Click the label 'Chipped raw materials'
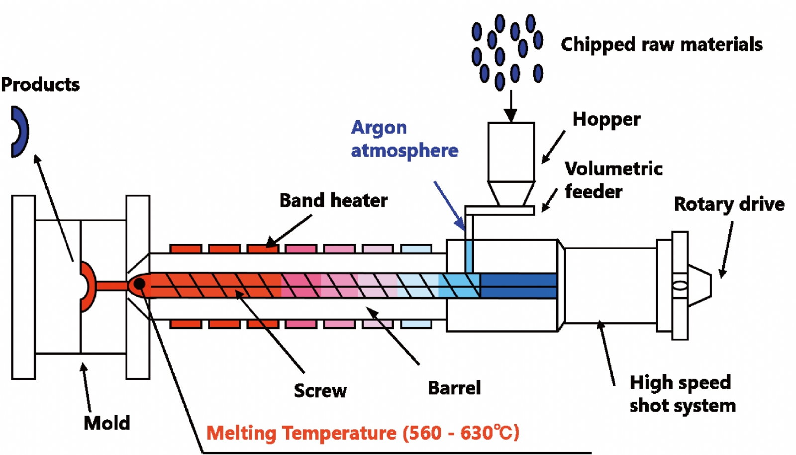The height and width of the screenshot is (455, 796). point(661,44)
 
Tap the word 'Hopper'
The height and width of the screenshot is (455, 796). point(606,120)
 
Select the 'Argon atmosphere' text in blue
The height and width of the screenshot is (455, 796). point(404,139)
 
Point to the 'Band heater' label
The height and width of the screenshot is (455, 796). point(333,200)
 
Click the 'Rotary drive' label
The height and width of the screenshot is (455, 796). point(729,204)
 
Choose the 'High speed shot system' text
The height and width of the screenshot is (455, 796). point(682,394)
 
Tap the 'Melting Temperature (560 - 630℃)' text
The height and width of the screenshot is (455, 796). point(363,433)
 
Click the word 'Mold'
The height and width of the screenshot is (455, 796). point(107,423)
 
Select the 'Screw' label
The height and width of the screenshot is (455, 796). point(320,391)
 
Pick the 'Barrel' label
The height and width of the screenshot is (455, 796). point(454,388)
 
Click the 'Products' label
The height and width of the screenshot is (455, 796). point(40,85)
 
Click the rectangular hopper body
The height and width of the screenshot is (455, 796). point(511,152)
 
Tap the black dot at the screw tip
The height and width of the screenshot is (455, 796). point(140,284)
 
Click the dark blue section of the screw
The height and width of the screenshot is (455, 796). point(518,286)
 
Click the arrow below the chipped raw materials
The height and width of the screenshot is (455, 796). point(510,106)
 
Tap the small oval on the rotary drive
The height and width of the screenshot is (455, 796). point(680,286)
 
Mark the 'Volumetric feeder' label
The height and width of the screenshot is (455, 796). point(613,180)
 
